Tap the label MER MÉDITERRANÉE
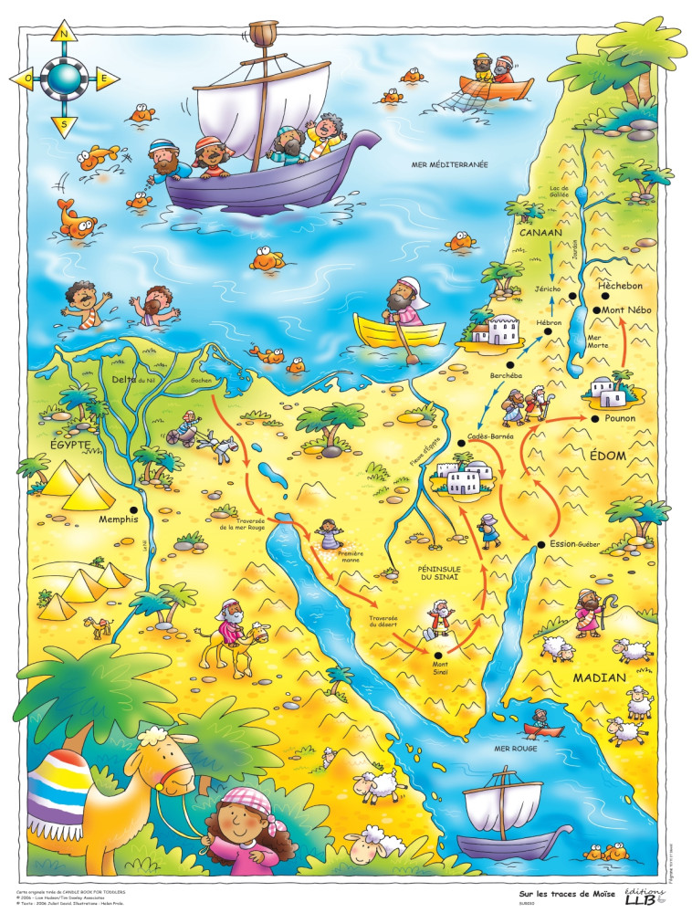(448, 164)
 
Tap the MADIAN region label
(599, 678)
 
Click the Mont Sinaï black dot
(438, 655)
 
